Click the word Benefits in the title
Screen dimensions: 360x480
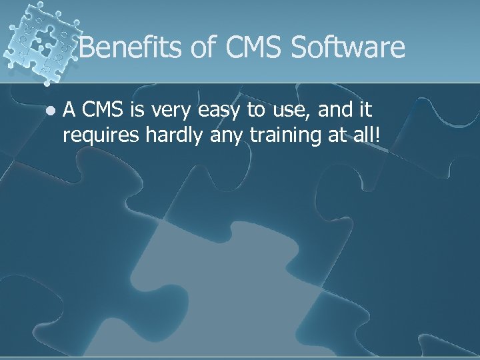click(128, 48)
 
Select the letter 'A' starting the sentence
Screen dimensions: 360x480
click(69, 111)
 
